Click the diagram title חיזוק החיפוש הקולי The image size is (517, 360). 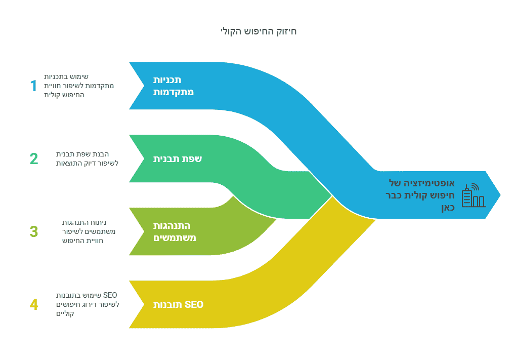tap(258, 31)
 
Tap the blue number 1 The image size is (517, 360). tap(33, 86)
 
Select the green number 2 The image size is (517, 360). tap(33, 158)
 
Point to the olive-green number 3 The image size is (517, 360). tap(33, 231)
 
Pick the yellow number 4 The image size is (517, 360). tap(33, 304)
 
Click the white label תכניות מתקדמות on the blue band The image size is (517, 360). tap(173, 86)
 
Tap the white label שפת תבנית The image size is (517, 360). tap(178, 158)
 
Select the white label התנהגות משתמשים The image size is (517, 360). tap(175, 231)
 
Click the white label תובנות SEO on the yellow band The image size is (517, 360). tap(178, 305)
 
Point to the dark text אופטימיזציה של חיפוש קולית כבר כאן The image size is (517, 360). tap(420, 195)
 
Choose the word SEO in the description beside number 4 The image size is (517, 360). tap(110, 295)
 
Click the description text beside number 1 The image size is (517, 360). tap(79, 86)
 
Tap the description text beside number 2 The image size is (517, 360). tap(87, 158)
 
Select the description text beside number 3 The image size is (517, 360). tap(89, 231)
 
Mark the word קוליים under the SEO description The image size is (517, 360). tap(65, 313)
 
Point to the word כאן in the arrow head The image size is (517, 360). tap(448, 208)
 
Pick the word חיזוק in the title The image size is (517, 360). tap(287, 32)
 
